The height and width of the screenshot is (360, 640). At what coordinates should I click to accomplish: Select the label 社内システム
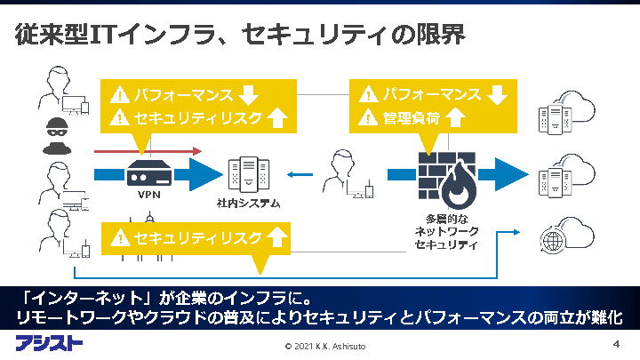pyautogui.click(x=248, y=204)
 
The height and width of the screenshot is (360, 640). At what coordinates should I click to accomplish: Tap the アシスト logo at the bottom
pyautogui.click(x=49, y=342)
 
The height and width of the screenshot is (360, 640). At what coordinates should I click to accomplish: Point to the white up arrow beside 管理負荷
pyautogui.click(x=456, y=116)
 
